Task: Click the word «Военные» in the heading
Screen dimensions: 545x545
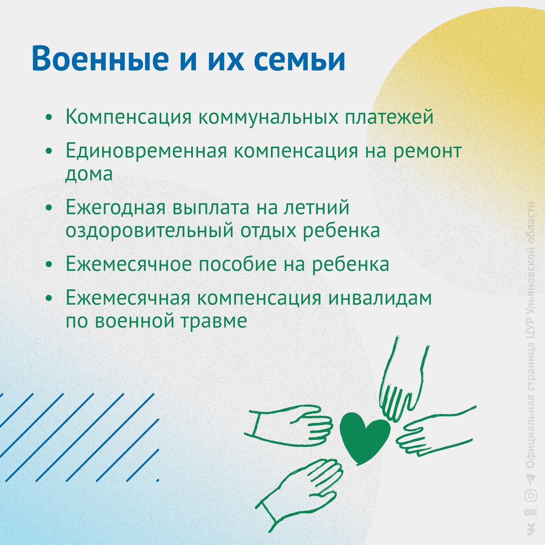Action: tap(100, 58)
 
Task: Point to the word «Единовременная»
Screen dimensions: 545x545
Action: tap(146, 151)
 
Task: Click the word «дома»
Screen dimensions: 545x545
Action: tap(89, 175)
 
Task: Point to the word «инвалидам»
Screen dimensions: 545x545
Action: tap(380, 298)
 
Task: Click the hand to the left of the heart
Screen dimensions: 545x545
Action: tap(289, 426)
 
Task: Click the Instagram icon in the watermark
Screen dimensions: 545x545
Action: tap(531, 503)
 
